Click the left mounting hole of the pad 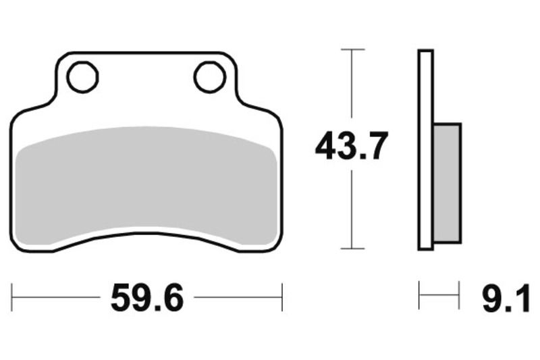83,77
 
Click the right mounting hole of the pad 209,77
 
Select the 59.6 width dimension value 147,297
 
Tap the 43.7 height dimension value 352,147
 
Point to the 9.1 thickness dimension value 506,297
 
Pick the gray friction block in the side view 446,182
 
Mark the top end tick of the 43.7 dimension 352,49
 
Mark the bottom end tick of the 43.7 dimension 352,249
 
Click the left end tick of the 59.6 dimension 12,297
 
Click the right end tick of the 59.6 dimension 281,297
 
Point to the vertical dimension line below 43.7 352,209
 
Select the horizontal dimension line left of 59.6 57,297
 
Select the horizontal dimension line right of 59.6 236,297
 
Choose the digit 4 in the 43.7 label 327,147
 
